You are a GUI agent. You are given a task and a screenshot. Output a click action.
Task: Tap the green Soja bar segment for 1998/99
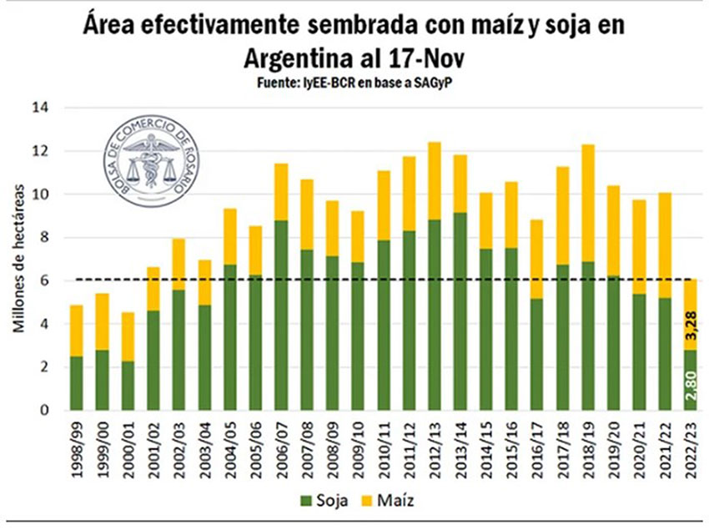coord(77,383)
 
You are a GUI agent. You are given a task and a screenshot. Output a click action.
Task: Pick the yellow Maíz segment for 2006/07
coord(281,192)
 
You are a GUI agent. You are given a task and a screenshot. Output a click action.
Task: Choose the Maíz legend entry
coord(388,501)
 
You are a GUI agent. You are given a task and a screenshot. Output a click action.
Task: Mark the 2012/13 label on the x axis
coord(435,447)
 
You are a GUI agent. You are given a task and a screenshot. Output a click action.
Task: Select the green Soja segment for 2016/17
coord(537,354)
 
